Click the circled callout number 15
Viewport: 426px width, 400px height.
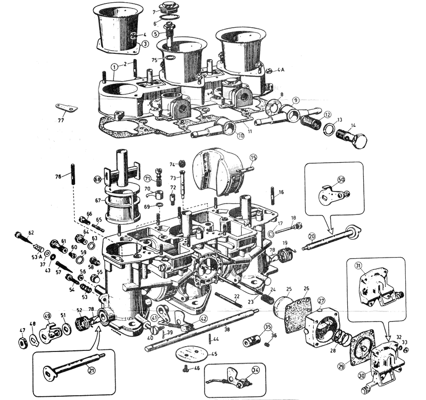pyautogui.click(x=253, y=157)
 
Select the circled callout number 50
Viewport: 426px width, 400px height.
pyautogui.click(x=341, y=180)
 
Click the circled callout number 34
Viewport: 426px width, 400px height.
pyautogui.click(x=256, y=371)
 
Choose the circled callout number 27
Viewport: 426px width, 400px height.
pyautogui.click(x=321, y=301)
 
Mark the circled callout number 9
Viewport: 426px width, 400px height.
pyautogui.click(x=296, y=100)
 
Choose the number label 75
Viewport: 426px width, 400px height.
pyautogui.click(x=154, y=60)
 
